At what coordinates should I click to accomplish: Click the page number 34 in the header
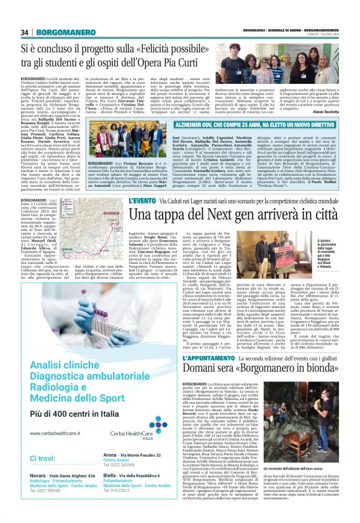pos(25,32)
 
